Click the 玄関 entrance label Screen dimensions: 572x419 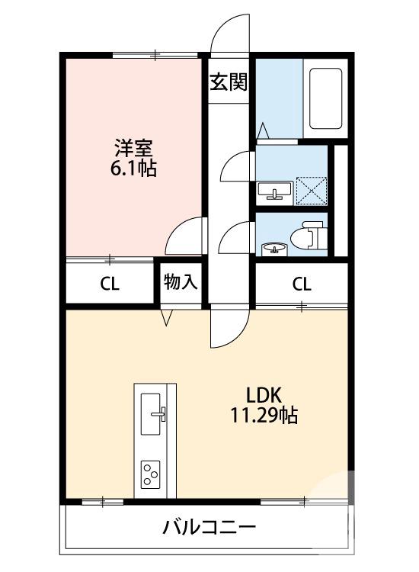click(x=229, y=82)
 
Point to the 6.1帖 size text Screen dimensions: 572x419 click(x=132, y=169)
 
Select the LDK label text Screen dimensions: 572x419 click(x=264, y=395)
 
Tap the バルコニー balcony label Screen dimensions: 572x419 click(x=209, y=527)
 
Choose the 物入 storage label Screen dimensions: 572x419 click(x=181, y=282)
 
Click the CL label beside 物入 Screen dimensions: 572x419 click(x=110, y=284)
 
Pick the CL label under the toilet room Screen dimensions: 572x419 click(x=302, y=284)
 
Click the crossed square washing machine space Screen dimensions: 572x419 click(x=311, y=190)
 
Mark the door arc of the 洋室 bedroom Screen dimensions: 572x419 click(x=185, y=236)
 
